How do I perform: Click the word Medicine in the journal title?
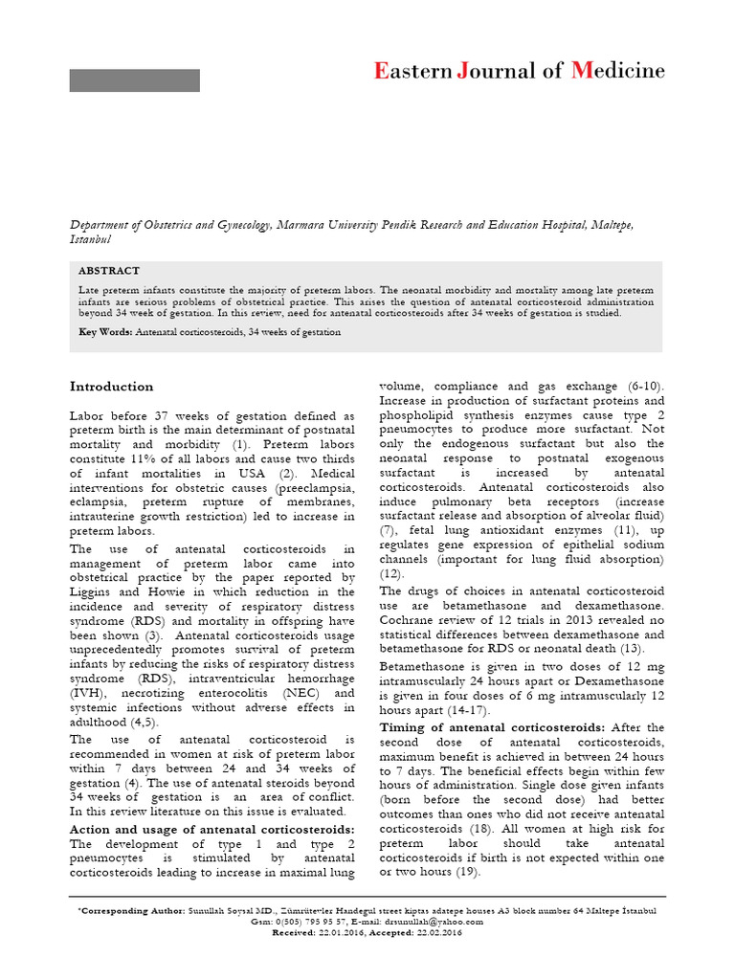pyautogui.click(x=618, y=71)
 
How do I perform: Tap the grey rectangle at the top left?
pyautogui.click(x=134, y=80)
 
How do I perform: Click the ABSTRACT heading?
pyautogui.click(x=109, y=271)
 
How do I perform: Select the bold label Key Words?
pyautogui.click(x=105, y=331)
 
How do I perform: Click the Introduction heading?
pyautogui.click(x=111, y=387)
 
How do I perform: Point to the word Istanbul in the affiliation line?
pyautogui.click(x=91, y=239)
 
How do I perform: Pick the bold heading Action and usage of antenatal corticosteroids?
pyautogui.click(x=212, y=828)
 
